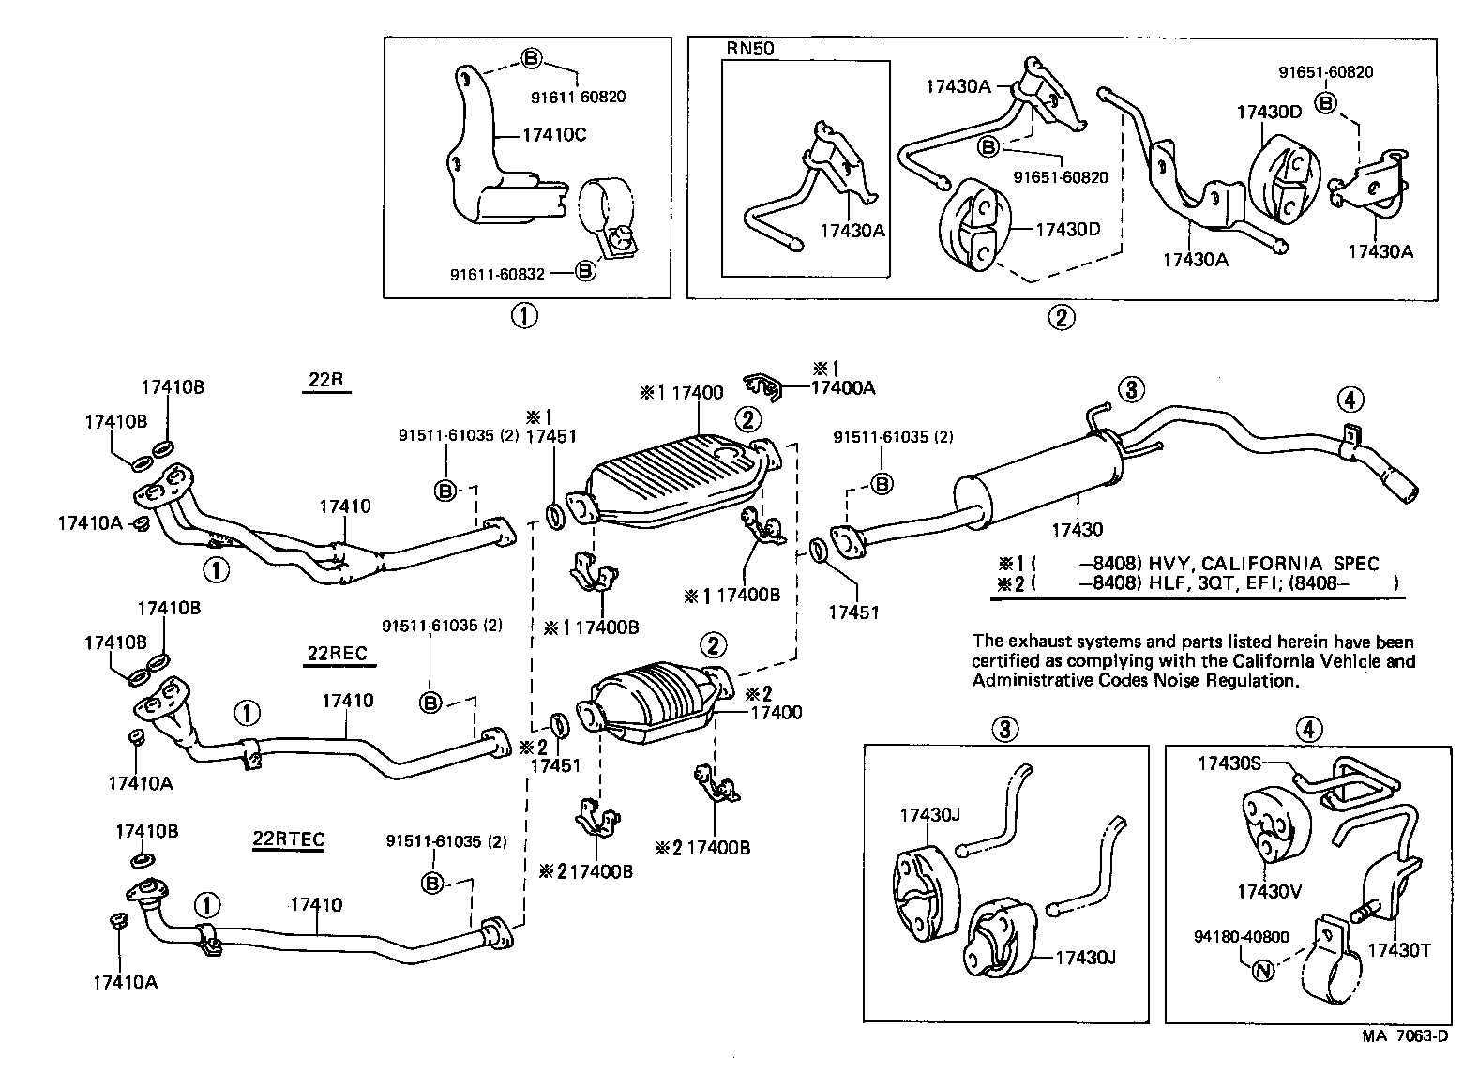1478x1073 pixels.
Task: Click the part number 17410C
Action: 553,135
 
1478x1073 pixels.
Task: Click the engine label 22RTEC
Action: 288,838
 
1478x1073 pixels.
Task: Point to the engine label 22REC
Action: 337,653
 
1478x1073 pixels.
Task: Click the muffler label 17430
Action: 1077,530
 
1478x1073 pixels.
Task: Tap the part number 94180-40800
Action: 1242,936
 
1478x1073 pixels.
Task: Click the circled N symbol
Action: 1262,971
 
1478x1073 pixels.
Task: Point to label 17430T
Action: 1398,949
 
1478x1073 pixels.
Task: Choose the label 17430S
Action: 1228,763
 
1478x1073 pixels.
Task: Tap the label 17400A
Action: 842,385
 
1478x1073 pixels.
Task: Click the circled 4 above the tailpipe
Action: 1349,401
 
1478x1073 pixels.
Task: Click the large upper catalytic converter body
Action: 671,478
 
